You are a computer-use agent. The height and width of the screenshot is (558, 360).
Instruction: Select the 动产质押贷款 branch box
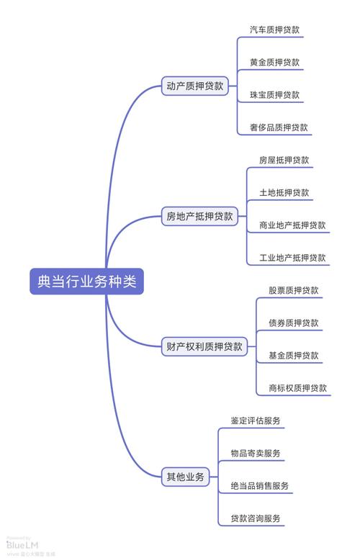194,86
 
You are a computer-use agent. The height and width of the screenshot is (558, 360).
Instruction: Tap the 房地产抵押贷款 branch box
199,216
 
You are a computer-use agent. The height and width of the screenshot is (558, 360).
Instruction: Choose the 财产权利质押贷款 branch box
204,346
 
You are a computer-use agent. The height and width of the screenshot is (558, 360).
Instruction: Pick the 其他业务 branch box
185,477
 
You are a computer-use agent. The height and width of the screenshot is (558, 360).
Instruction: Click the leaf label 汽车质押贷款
274,30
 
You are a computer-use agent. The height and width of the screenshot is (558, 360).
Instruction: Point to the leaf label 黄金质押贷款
274,63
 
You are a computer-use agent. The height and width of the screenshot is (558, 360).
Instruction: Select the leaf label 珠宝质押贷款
274,95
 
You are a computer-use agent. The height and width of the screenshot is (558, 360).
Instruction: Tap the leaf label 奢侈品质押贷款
279,127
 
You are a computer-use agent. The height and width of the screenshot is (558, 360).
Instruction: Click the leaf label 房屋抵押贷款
284,160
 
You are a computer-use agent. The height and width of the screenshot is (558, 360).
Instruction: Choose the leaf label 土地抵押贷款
284,193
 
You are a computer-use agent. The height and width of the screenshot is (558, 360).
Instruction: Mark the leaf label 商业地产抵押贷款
292,225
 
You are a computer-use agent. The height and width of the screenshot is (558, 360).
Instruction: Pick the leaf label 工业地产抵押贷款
292,258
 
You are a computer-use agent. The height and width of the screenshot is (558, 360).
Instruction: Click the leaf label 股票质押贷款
293,291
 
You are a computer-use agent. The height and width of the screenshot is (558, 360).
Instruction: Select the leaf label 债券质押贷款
293,323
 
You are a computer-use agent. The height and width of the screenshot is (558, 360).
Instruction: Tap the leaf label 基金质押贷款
293,356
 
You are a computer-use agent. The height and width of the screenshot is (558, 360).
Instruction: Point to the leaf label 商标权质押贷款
297,388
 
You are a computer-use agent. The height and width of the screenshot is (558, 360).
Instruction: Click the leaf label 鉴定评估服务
256,421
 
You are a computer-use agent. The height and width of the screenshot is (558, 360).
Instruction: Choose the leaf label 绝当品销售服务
260,486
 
